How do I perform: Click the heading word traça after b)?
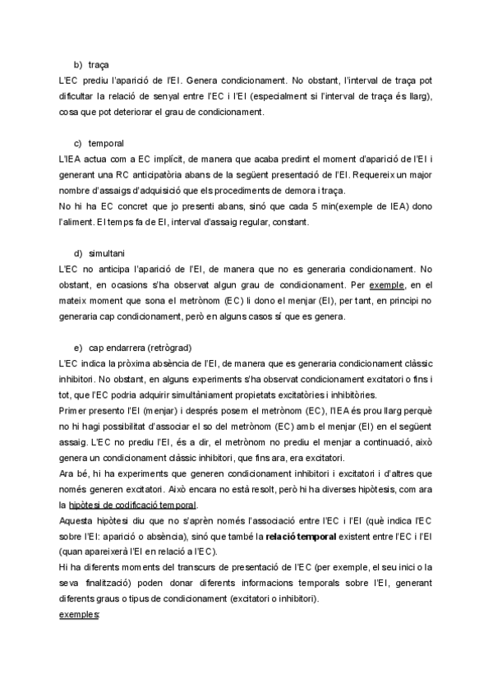pos(99,64)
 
